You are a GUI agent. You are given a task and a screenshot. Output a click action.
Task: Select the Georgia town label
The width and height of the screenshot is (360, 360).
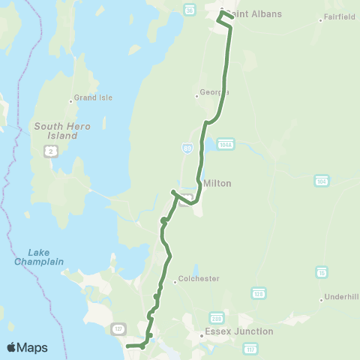pos(211,94)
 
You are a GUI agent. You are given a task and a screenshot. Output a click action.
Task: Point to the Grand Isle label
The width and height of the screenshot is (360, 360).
pos(87,97)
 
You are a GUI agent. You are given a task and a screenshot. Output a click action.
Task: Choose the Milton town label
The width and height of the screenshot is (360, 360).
pos(217,183)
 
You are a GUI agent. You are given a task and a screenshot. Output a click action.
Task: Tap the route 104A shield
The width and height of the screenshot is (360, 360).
pos(226,142)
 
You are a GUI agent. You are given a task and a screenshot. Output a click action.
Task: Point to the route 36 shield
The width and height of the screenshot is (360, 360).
pos(190,10)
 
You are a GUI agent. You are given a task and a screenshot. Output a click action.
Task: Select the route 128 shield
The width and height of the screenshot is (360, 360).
pos(259,291)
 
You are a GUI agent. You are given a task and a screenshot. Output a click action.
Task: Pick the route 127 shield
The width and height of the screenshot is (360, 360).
pos(118,328)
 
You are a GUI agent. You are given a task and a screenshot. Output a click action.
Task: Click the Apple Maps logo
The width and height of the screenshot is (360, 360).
pos(27,347)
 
